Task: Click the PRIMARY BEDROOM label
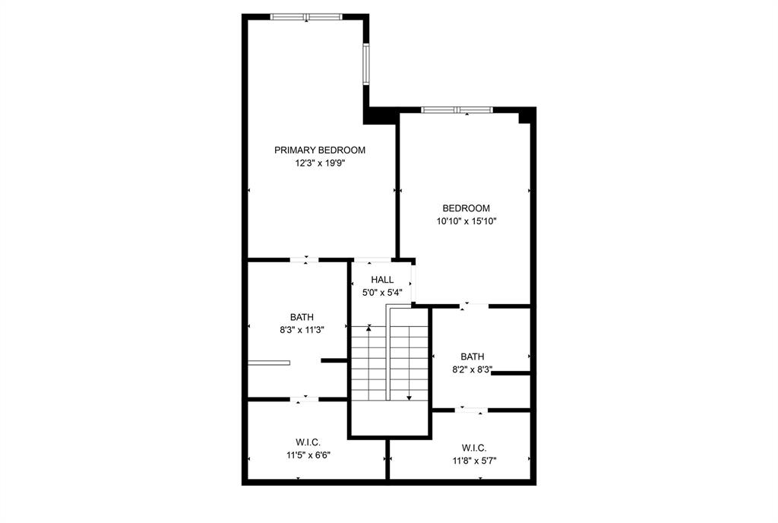point(320,150)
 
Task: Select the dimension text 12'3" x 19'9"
point(320,163)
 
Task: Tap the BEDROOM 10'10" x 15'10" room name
point(466,208)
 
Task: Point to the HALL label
point(382,280)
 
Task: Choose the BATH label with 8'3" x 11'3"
point(302,317)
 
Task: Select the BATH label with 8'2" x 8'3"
point(472,357)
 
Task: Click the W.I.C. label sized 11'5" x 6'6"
point(308,442)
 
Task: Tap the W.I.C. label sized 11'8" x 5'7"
point(474,448)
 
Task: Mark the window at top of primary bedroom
point(306,17)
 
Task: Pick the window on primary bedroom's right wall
point(366,63)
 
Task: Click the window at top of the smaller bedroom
point(457,110)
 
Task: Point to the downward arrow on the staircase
point(409,396)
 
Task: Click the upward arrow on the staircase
point(370,328)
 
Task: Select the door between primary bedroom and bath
point(306,261)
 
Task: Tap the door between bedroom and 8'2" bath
point(474,306)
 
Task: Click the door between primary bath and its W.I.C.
point(305,398)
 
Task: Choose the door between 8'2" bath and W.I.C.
point(470,410)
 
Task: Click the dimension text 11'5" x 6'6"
point(308,455)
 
